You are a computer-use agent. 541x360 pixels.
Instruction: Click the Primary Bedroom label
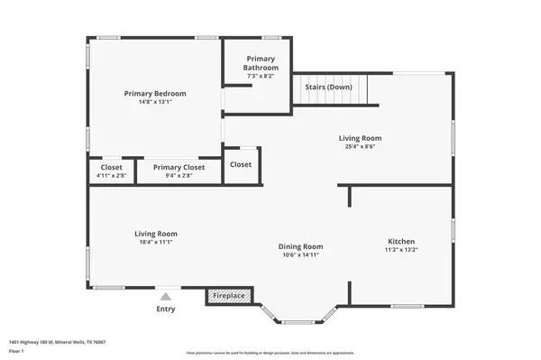(x=155, y=93)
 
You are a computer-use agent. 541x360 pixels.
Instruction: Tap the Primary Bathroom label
(x=261, y=63)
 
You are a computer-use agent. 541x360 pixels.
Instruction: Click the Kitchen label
(x=401, y=242)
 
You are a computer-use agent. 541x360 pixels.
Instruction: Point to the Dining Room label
(x=300, y=246)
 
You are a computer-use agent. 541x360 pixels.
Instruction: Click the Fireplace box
(x=229, y=295)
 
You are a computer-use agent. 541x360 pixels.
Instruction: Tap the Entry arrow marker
(x=165, y=295)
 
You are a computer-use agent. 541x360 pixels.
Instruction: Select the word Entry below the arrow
(x=165, y=309)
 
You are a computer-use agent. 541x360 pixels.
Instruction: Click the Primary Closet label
(x=179, y=167)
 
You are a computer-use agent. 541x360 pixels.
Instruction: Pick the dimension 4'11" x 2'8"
(x=111, y=175)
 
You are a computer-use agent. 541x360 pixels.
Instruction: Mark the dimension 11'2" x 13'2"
(x=401, y=251)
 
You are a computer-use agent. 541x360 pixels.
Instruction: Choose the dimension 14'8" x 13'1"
(x=155, y=102)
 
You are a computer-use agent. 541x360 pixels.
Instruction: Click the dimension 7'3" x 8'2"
(x=261, y=77)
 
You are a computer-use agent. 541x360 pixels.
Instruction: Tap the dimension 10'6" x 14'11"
(x=300, y=255)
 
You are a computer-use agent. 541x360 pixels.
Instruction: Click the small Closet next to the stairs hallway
(x=241, y=164)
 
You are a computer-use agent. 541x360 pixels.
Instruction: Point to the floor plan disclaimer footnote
(x=270, y=352)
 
